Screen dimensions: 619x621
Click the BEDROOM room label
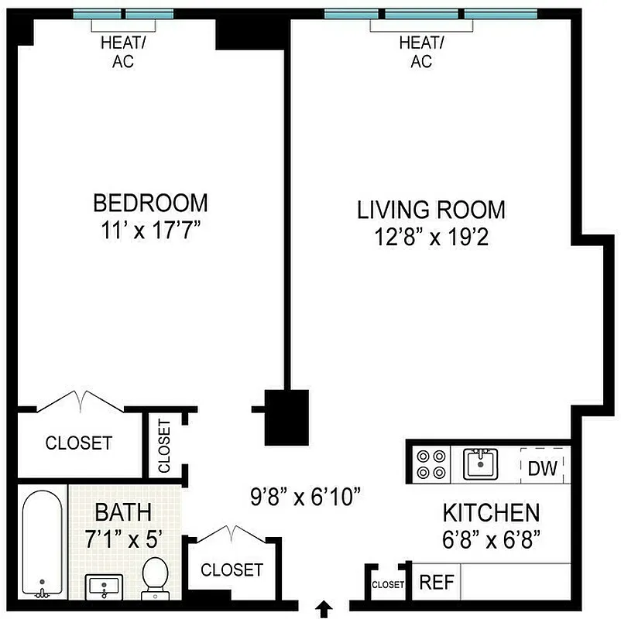[x=150, y=203]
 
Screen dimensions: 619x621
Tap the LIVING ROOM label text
[x=431, y=210]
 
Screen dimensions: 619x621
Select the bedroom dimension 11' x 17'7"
[x=150, y=231]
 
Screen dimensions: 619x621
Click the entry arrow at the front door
[x=325, y=609]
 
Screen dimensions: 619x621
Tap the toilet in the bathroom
[x=155, y=576]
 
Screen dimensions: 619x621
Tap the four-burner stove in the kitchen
[x=432, y=464]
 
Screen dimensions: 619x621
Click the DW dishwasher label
[x=543, y=468]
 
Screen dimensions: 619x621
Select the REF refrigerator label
[x=437, y=582]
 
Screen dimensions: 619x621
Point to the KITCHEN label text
[x=490, y=512]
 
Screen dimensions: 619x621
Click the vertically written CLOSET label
[x=164, y=446]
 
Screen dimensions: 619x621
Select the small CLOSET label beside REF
[x=388, y=585]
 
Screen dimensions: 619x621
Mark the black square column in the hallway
[x=286, y=417]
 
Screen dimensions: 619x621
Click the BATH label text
[x=122, y=511]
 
